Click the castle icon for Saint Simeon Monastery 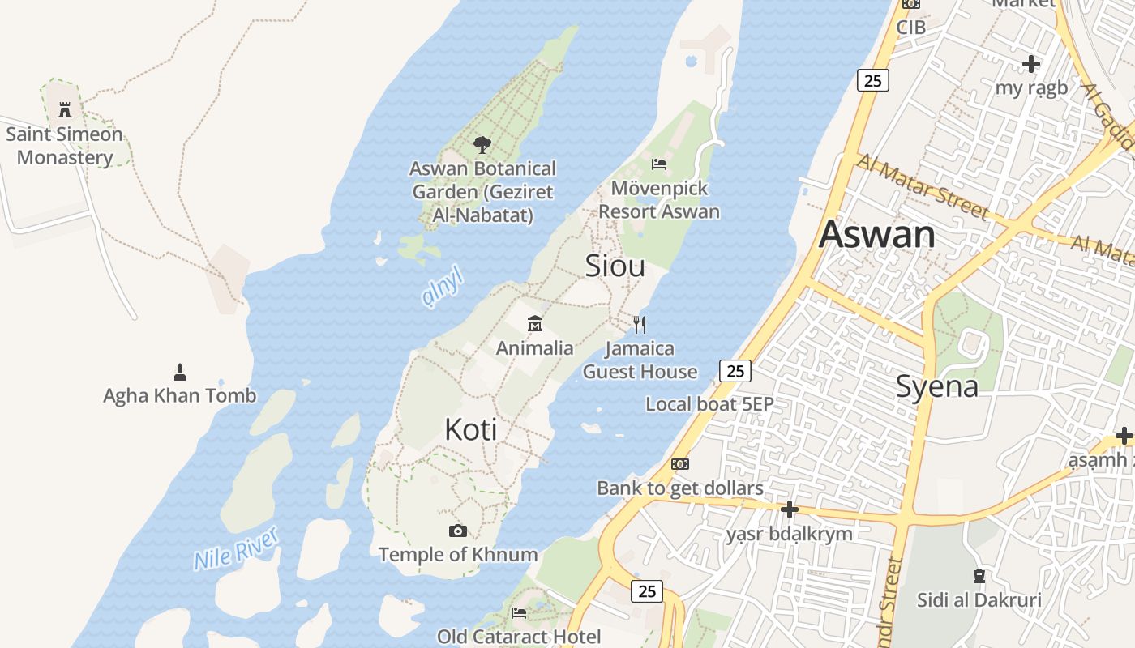[65, 110]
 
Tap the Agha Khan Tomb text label [179, 395]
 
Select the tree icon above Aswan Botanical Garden [482, 145]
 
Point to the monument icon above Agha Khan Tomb [180, 373]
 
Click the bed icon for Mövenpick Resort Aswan [659, 164]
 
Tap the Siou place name [615, 266]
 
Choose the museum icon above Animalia [534, 325]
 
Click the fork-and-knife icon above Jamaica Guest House [640, 325]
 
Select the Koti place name [471, 429]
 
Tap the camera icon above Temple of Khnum [458, 531]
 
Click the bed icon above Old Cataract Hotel [519, 613]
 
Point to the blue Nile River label [237, 548]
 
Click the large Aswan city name [876, 234]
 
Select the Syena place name [936, 386]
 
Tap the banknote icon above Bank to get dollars [680, 464]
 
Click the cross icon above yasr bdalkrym [789, 509]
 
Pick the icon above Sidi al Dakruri [979, 576]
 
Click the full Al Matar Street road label [923, 187]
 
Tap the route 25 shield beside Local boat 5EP [735, 371]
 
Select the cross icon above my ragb [1031, 64]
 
